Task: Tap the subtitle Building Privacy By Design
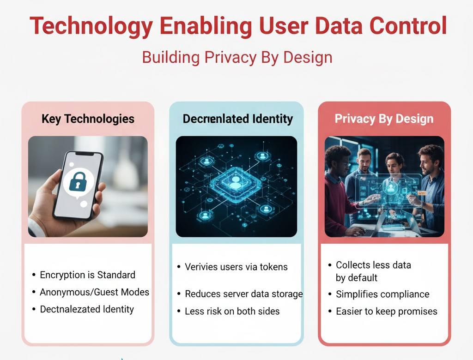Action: point(237,58)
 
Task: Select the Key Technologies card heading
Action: point(88,119)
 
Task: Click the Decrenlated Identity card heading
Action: point(237,119)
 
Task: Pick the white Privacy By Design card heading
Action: point(384,119)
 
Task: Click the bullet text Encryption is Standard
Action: point(87,275)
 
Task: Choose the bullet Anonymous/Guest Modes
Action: point(94,292)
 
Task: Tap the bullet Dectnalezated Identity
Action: point(87,309)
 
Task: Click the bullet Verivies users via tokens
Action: point(236,267)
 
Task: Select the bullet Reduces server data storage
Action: point(243,294)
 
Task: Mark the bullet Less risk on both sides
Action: point(232,311)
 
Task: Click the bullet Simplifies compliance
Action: point(382,294)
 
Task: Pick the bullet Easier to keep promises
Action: point(386,311)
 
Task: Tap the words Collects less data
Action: point(373,265)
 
